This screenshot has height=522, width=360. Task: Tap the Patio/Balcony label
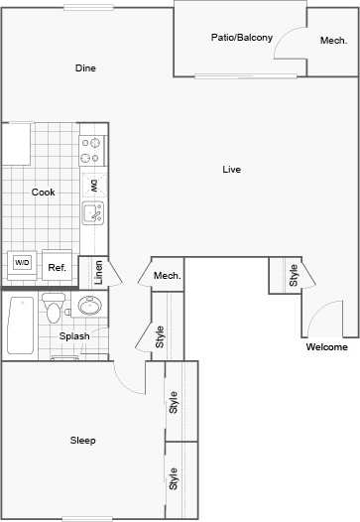tap(241, 38)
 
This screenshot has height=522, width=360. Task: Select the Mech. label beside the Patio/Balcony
tap(332, 41)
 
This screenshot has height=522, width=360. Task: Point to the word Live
tap(231, 170)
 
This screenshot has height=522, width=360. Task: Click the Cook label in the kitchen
tap(43, 192)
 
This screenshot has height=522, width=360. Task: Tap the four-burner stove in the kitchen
tap(92, 150)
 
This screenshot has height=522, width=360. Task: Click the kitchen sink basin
tap(93, 211)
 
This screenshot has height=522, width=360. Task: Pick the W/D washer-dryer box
tap(22, 263)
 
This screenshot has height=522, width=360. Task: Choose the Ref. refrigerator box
tap(58, 267)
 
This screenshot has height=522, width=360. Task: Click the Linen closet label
tap(98, 271)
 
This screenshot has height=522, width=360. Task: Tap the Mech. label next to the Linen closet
tap(167, 275)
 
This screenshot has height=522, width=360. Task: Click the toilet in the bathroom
tap(53, 309)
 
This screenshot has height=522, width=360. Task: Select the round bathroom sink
tap(89, 306)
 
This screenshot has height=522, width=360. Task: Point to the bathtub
tap(21, 325)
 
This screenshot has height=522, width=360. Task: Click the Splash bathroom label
tap(74, 336)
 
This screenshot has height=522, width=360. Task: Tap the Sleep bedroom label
tap(82, 440)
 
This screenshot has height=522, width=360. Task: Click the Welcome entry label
tap(326, 347)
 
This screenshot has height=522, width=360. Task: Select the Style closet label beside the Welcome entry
tap(294, 275)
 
